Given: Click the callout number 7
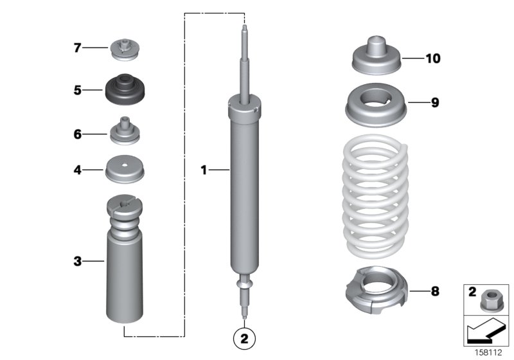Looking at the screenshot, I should click(x=76, y=48).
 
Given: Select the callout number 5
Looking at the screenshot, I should click(x=76, y=90).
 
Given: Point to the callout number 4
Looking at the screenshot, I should click(x=76, y=170).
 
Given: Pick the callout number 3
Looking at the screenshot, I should click(x=76, y=261).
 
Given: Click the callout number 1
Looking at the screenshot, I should click(x=204, y=170).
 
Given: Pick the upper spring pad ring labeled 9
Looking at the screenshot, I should click(x=377, y=107).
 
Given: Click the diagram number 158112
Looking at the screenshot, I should click(x=489, y=352).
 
